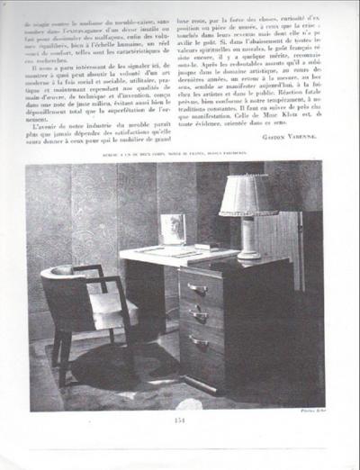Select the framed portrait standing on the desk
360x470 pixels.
[x=172, y=229]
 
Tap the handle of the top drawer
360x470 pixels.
[x=198, y=289]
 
